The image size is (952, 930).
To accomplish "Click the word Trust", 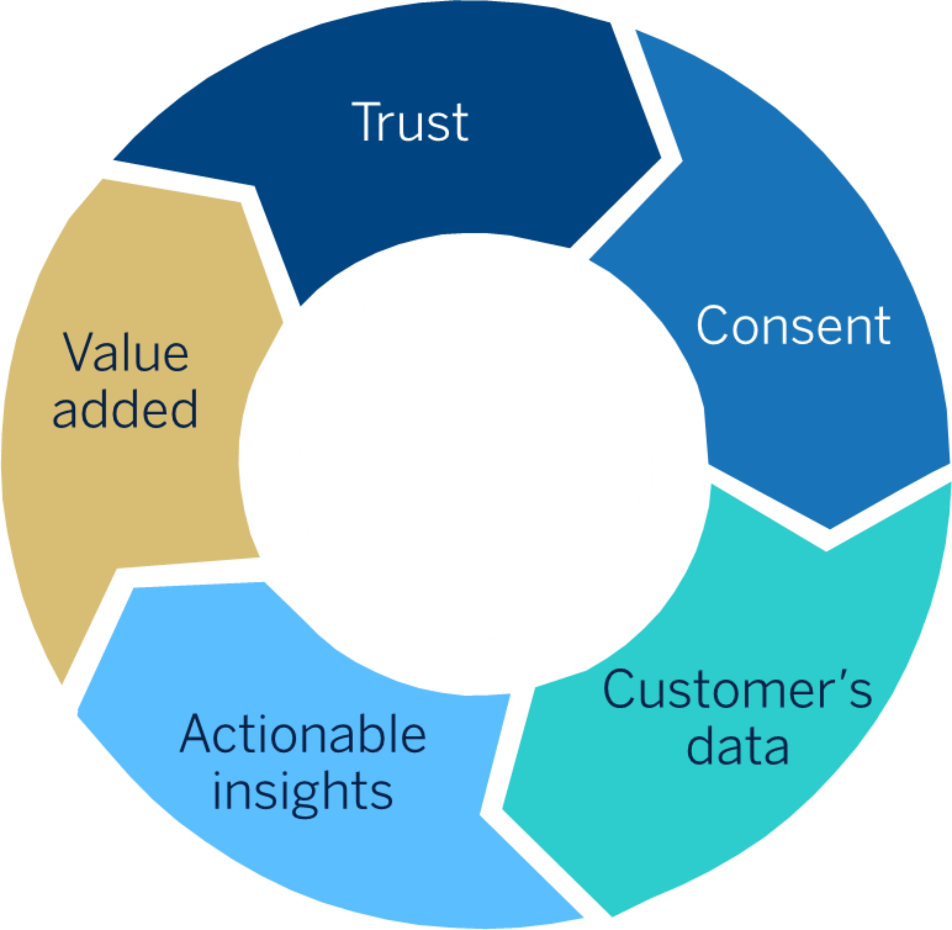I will click(410, 122).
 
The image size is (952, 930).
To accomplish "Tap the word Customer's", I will click(737, 690).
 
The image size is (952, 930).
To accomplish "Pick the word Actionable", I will click(302, 735).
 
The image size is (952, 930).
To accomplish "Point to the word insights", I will click(302, 792).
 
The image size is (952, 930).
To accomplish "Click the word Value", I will click(126, 353).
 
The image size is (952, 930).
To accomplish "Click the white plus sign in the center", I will click(469, 472).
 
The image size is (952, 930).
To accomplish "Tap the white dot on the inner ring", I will click(470, 302).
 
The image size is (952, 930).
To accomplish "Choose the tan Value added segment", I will click(124, 496).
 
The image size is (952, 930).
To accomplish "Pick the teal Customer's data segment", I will click(744, 818).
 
